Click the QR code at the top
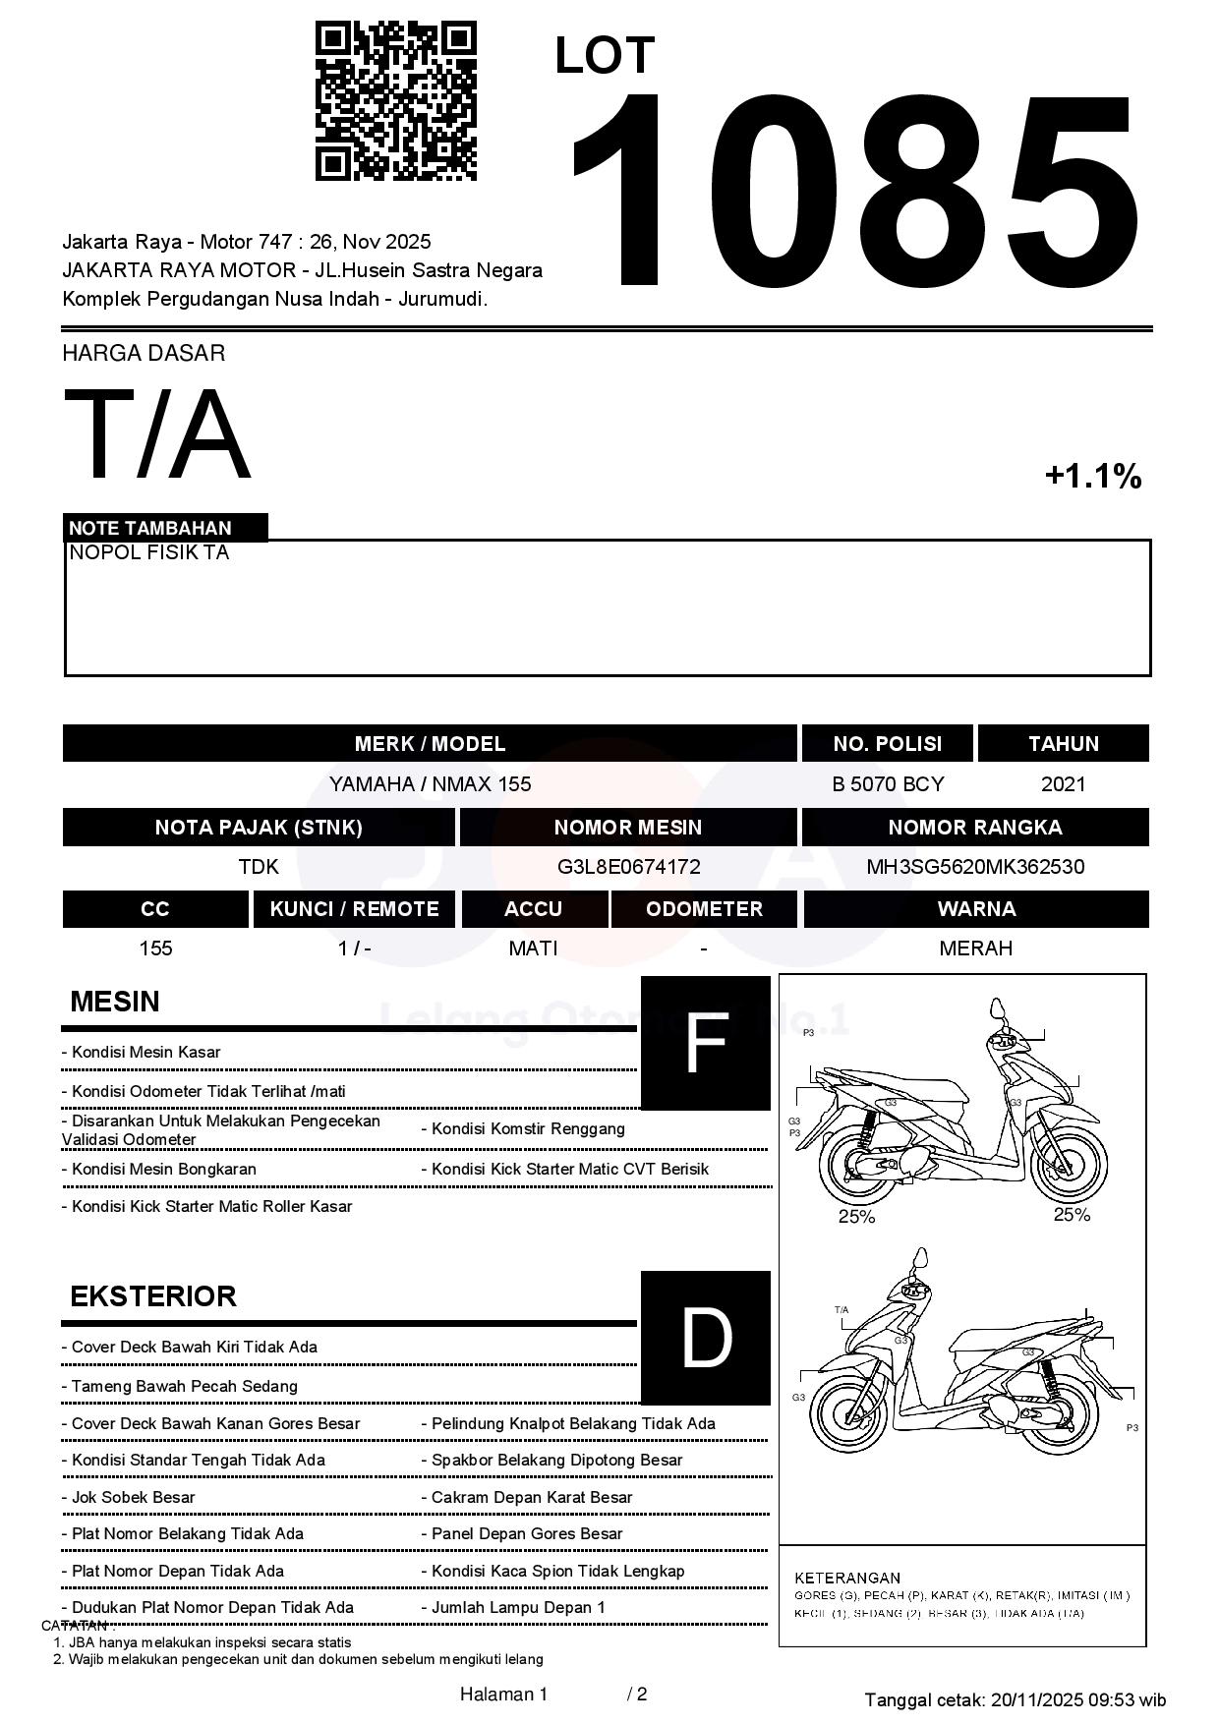(395, 101)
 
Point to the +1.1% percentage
(1092, 477)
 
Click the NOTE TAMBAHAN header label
(150, 528)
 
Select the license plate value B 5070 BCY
(888, 784)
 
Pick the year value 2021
(1064, 784)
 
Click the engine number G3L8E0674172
(628, 867)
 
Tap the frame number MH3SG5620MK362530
(975, 867)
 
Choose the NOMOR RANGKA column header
(975, 828)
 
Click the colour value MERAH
(975, 948)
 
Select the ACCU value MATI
(533, 948)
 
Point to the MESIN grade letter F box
(706, 1044)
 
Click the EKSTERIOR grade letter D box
(706, 1338)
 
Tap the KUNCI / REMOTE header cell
(354, 909)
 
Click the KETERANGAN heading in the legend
(846, 1578)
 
